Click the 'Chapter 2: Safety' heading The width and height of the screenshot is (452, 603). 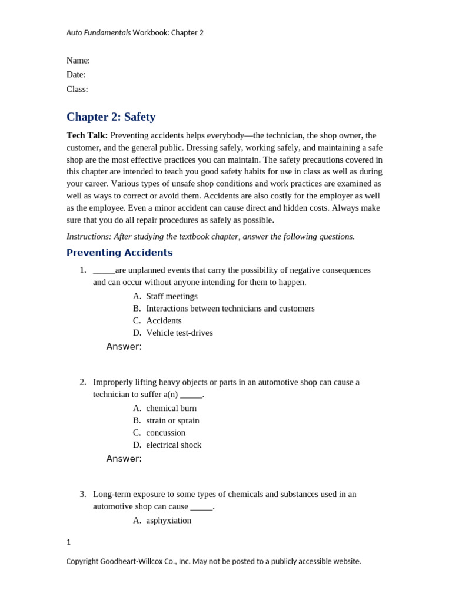click(x=111, y=117)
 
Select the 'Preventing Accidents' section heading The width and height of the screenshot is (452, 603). click(x=119, y=253)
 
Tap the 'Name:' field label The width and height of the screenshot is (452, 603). click(x=78, y=60)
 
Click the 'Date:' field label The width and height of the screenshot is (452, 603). click(x=76, y=74)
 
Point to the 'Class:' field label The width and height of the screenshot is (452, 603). click(x=77, y=89)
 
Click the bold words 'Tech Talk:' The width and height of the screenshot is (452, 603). click(x=87, y=135)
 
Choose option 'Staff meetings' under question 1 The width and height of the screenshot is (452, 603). click(x=172, y=296)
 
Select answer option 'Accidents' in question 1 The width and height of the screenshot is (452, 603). click(x=164, y=320)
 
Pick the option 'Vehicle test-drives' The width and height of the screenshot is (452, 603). click(x=180, y=333)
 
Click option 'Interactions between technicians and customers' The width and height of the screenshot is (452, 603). click(x=230, y=308)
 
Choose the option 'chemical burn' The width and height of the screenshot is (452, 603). click(x=171, y=408)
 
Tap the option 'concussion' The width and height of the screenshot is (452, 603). click(x=165, y=432)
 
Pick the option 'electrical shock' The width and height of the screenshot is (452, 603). click(x=174, y=445)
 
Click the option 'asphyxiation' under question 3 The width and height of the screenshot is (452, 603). click(x=168, y=520)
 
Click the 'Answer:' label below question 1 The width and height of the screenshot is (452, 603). click(x=124, y=347)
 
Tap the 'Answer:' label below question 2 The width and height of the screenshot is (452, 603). click(x=124, y=459)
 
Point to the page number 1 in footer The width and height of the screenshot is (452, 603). click(x=68, y=542)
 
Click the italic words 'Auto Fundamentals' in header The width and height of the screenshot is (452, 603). click(x=98, y=33)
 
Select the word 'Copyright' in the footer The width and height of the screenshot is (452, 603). click(x=82, y=561)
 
